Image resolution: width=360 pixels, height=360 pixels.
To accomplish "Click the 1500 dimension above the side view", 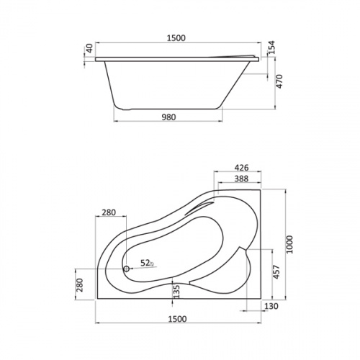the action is (176, 38).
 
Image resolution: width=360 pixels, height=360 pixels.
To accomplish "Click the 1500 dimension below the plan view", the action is (177, 319).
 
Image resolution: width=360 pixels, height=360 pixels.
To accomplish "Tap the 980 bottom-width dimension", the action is (168, 117).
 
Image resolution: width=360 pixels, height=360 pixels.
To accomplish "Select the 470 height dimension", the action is (280, 81).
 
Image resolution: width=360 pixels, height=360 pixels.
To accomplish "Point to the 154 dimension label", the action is (271, 48).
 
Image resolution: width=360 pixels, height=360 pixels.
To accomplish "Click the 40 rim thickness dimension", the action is (89, 48).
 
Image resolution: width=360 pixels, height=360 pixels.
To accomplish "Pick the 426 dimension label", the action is (241, 168).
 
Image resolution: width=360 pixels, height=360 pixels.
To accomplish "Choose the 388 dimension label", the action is (241, 179).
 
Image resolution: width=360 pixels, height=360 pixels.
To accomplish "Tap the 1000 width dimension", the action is (290, 244).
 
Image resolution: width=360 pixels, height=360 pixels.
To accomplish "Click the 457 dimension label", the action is (276, 272).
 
